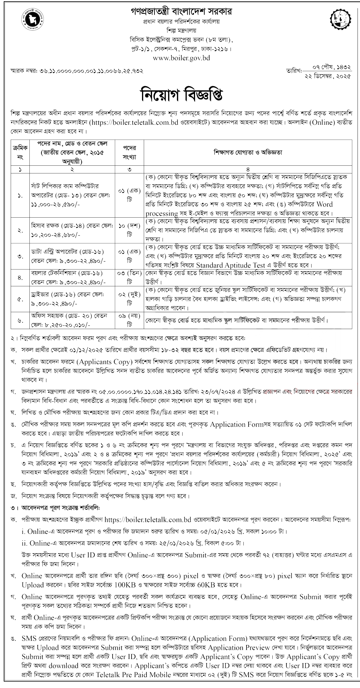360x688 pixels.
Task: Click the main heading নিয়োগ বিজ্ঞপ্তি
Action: pyautogui.click(x=180, y=96)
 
